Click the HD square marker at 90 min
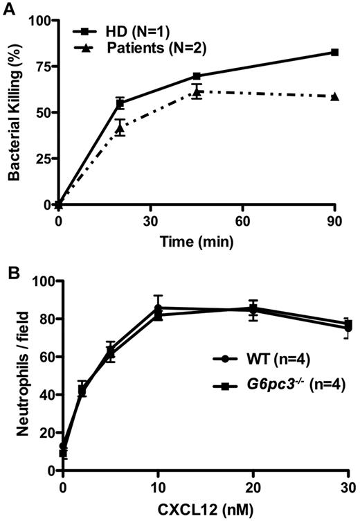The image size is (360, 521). (334, 53)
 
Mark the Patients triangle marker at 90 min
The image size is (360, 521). (334, 96)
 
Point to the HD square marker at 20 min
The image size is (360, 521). (120, 103)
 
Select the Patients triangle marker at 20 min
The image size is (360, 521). (120, 127)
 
